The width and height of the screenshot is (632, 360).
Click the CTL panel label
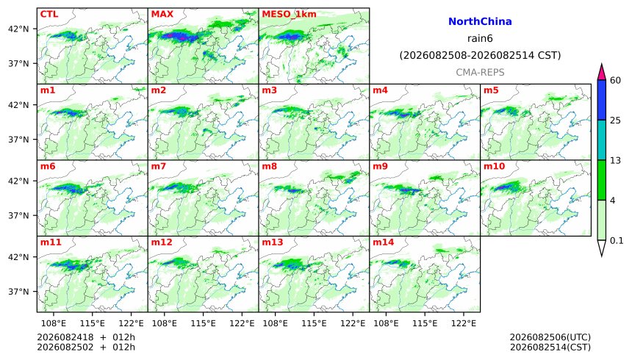49,14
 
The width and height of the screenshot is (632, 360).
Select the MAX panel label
162,14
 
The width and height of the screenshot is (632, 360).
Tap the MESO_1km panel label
289,14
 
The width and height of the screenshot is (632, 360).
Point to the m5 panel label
491,90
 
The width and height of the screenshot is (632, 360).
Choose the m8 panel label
270,166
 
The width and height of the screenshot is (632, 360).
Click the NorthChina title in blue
480,22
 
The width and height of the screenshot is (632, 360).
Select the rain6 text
480,39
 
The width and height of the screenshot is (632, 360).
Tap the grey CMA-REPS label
480,73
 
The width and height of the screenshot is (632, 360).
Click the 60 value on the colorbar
615,81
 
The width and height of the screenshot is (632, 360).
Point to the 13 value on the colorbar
615,161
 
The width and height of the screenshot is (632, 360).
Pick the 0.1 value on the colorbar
617,241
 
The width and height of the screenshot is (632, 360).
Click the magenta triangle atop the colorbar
602,73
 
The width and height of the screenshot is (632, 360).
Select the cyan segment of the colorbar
602,140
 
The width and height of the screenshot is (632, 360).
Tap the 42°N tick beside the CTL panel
19,29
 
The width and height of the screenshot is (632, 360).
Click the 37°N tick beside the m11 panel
19,292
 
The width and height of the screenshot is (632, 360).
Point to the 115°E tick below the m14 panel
425,323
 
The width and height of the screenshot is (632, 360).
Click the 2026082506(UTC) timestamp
550,337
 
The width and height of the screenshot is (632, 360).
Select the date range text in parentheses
480,56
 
